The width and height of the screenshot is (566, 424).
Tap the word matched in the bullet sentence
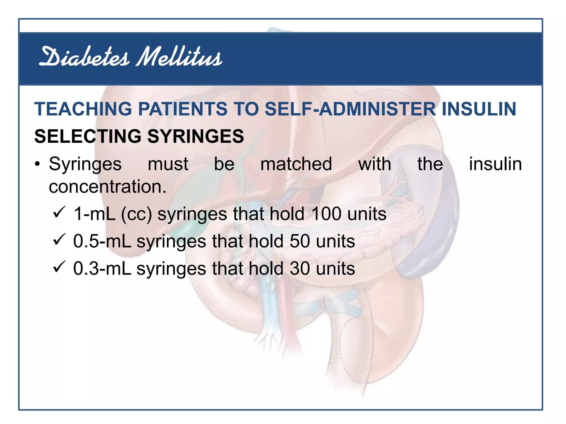click(296, 164)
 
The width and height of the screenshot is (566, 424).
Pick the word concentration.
click(108, 187)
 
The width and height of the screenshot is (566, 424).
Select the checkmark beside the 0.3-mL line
click(59, 266)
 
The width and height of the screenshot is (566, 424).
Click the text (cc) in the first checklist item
click(137, 214)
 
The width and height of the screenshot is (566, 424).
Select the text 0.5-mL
click(102, 241)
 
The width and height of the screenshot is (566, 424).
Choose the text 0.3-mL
click(102, 268)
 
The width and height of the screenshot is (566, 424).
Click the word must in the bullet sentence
click(168, 164)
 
